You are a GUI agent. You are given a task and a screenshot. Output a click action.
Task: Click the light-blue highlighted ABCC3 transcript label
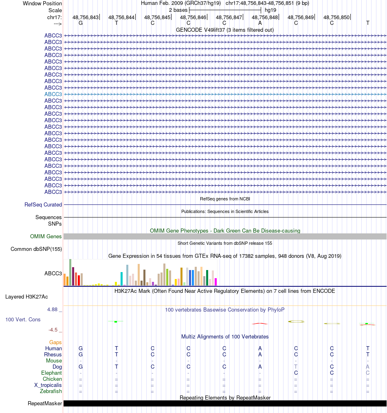click(53, 94)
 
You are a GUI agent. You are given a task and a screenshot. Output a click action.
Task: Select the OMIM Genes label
click(46, 237)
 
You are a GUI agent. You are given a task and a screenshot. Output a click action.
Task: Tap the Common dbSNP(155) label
click(36, 249)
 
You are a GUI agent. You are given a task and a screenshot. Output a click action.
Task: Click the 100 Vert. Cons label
click(23, 320)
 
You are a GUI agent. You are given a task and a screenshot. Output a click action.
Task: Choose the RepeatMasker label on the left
click(45, 404)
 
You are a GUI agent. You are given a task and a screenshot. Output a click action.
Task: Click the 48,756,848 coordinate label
click(265, 17)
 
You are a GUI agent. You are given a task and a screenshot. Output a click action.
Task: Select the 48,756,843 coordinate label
click(86, 17)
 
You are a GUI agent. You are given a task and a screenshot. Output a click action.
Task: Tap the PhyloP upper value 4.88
click(55, 310)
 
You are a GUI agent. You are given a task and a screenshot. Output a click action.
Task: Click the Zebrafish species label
click(51, 391)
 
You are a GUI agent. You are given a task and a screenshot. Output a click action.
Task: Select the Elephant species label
click(51, 373)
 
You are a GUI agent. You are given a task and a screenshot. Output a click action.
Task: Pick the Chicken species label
click(52, 379)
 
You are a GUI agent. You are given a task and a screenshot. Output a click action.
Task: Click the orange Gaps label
click(55, 343)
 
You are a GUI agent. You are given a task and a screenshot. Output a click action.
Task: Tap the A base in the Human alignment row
click(260, 349)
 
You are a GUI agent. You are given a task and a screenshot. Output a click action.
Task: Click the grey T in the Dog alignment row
click(296, 367)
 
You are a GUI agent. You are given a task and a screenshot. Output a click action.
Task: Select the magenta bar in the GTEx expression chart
click(216, 281)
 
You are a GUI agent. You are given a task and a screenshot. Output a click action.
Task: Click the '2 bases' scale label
click(178, 10)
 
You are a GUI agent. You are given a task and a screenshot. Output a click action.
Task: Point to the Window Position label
click(42, 3)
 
